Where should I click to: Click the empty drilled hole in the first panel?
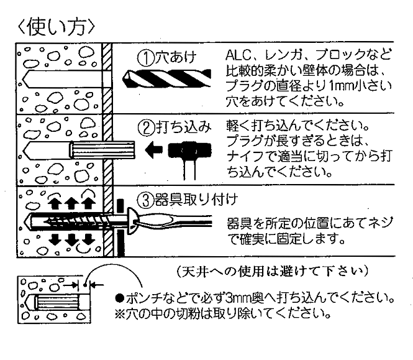click(x=56, y=79)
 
